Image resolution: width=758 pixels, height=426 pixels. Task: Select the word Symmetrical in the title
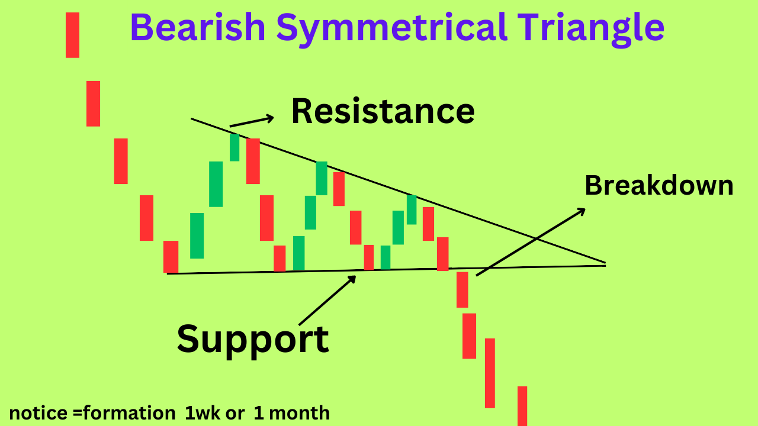(390, 27)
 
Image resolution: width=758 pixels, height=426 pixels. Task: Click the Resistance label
(383, 111)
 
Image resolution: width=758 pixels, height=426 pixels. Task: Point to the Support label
(252, 338)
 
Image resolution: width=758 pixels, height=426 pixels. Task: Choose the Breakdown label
(659, 186)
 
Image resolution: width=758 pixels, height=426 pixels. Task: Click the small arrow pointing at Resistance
(252, 121)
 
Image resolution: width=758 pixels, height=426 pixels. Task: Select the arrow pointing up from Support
(327, 300)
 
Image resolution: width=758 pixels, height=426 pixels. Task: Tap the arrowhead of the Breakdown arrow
(581, 210)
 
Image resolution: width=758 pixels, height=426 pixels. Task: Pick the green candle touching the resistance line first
(235, 147)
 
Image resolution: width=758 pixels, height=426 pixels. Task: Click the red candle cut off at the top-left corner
(72, 35)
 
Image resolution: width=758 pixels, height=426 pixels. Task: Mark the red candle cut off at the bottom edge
(522, 405)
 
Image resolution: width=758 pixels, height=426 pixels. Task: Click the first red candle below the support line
(462, 289)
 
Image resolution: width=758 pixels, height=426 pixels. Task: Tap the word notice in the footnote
(32, 412)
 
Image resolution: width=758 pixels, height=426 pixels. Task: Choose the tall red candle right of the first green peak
(253, 161)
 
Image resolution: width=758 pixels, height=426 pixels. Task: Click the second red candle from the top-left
(93, 104)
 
